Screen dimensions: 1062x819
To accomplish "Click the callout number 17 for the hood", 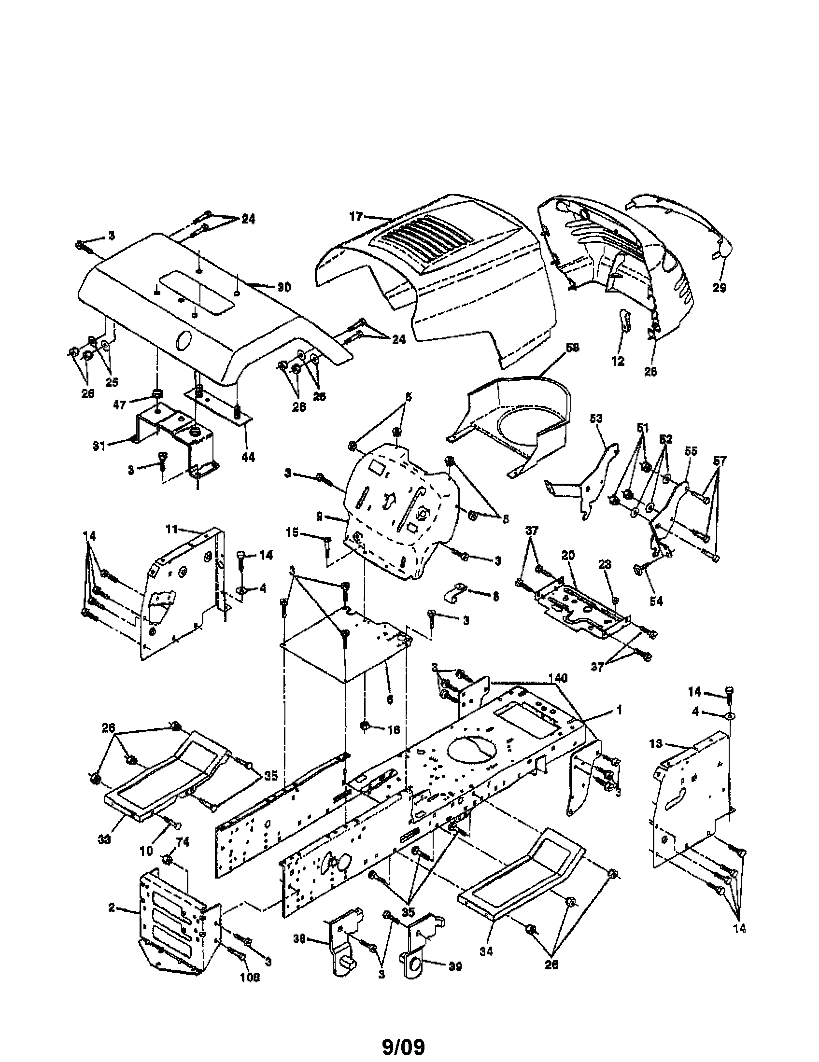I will (x=356, y=216).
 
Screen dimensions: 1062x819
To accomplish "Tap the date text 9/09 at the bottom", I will (x=403, y=1045).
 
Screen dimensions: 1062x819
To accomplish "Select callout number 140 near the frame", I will (x=558, y=678).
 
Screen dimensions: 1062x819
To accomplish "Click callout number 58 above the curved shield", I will (x=572, y=348).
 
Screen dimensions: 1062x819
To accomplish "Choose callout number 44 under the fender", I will (x=248, y=457).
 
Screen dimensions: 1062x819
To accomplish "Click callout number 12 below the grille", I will (x=618, y=361).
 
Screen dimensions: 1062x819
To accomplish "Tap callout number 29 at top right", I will (x=719, y=288).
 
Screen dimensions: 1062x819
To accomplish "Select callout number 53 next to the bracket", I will (x=596, y=419).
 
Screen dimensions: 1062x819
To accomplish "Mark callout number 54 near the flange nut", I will (x=656, y=601).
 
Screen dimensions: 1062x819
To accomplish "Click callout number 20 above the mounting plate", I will (x=568, y=556).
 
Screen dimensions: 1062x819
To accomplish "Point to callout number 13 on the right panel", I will (x=656, y=744).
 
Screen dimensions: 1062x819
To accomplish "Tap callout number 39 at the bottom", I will (x=454, y=967).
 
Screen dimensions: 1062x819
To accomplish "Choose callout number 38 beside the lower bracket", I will (x=299, y=952).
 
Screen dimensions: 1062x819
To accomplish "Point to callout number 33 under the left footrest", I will (x=105, y=838).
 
